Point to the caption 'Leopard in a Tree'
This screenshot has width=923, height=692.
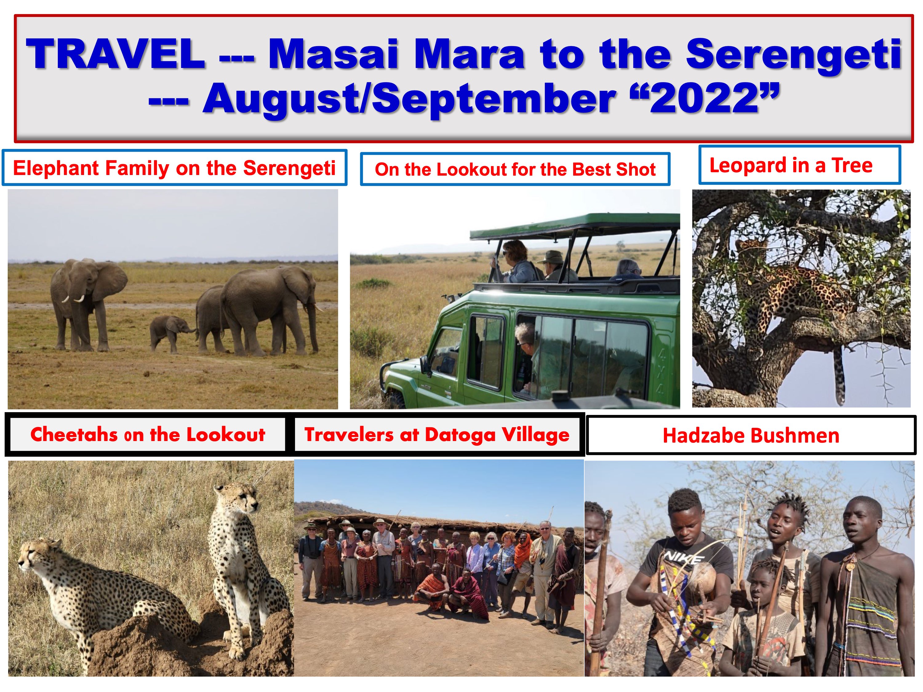point(791,165)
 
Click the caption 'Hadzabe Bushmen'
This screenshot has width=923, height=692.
point(751,435)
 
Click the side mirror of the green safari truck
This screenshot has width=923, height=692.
point(425,365)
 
